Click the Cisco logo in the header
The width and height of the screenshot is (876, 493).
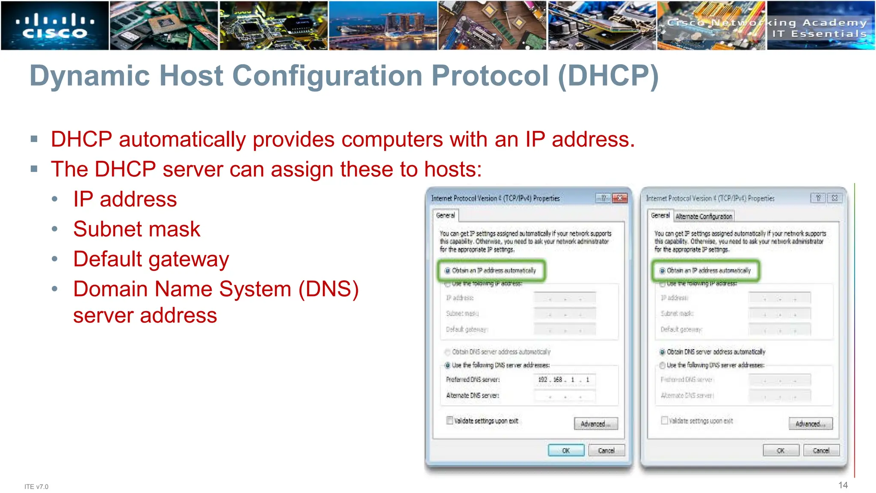[x=55, y=26]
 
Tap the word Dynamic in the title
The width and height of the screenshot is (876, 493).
[x=89, y=76]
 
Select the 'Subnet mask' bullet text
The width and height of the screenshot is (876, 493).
[x=136, y=229]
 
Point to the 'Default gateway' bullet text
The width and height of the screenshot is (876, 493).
[x=151, y=259]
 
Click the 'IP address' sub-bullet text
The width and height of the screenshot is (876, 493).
[x=125, y=199]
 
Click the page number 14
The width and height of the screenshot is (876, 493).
[x=843, y=485]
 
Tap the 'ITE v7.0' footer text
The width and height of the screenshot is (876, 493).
[x=36, y=487]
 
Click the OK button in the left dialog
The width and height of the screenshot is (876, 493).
[x=566, y=451]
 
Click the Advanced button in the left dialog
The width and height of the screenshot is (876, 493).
[x=596, y=424]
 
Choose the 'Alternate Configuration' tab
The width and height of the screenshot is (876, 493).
[x=704, y=217]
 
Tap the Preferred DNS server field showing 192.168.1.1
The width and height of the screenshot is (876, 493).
[x=564, y=380]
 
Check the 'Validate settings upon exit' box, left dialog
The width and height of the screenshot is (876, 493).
[x=450, y=420]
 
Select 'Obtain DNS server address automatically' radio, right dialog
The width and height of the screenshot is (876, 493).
[x=663, y=352]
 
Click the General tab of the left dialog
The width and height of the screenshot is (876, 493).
[x=445, y=215]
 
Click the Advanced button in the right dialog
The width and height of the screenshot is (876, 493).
[x=811, y=424]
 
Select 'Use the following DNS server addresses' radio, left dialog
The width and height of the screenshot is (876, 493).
[x=448, y=365]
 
